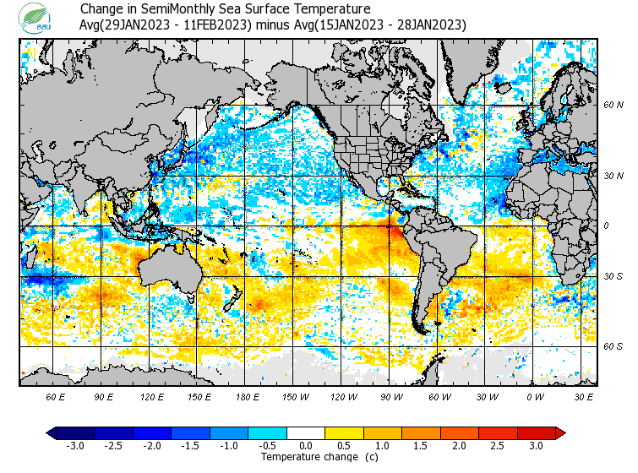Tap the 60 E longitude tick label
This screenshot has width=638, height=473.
coord(56,397)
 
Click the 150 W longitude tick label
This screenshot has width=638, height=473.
coord(296,397)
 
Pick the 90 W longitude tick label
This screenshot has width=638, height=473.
coord(392,397)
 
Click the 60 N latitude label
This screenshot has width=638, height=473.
coord(613,106)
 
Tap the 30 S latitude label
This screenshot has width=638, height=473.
coord(613,277)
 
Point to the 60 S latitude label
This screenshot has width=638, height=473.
coord(613,346)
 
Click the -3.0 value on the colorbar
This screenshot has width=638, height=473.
coord(74,446)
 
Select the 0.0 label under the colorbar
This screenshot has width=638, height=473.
coord(306,446)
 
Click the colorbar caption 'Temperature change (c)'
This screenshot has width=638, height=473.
coord(307,457)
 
